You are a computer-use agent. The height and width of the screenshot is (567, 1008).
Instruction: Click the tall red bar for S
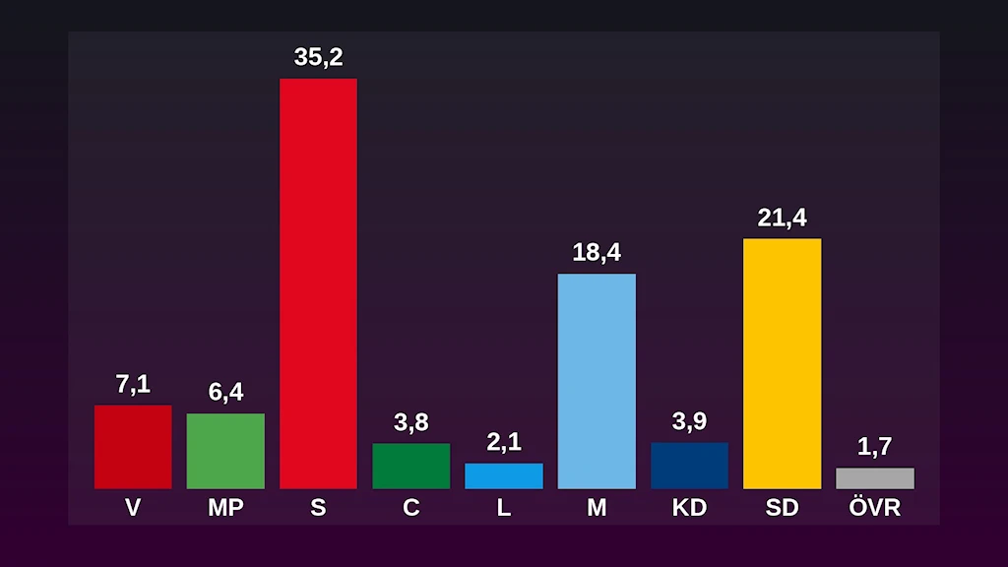point(318,283)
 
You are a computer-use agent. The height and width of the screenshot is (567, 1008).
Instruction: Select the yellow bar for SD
point(782,363)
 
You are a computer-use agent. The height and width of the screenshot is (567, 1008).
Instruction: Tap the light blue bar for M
point(597,381)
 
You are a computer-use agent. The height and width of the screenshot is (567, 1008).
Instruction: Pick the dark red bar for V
point(133,447)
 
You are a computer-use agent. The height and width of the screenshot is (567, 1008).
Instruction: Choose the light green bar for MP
point(225,451)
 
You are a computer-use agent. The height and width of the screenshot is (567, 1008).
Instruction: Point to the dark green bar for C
point(410,466)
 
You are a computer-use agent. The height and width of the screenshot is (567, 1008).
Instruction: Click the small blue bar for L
point(504,475)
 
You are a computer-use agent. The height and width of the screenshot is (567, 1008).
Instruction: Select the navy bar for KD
point(689,466)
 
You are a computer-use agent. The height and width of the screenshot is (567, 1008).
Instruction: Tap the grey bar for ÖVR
point(874,478)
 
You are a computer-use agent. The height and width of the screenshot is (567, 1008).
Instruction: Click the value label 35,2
point(318,57)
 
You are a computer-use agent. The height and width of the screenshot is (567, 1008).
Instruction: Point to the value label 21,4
point(782,219)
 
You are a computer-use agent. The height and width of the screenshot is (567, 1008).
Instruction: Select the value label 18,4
point(597,253)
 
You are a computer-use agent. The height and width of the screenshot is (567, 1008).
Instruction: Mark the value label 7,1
point(133,385)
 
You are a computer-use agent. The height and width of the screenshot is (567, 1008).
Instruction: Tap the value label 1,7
point(874,447)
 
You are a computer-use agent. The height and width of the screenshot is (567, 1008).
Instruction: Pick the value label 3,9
point(689,422)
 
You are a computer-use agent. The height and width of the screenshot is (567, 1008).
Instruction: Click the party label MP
point(225,508)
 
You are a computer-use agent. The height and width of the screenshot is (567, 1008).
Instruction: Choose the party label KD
point(689,508)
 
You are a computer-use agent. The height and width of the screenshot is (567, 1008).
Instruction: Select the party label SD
point(782,508)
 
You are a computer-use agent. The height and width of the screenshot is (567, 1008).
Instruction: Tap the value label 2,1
point(504,443)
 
